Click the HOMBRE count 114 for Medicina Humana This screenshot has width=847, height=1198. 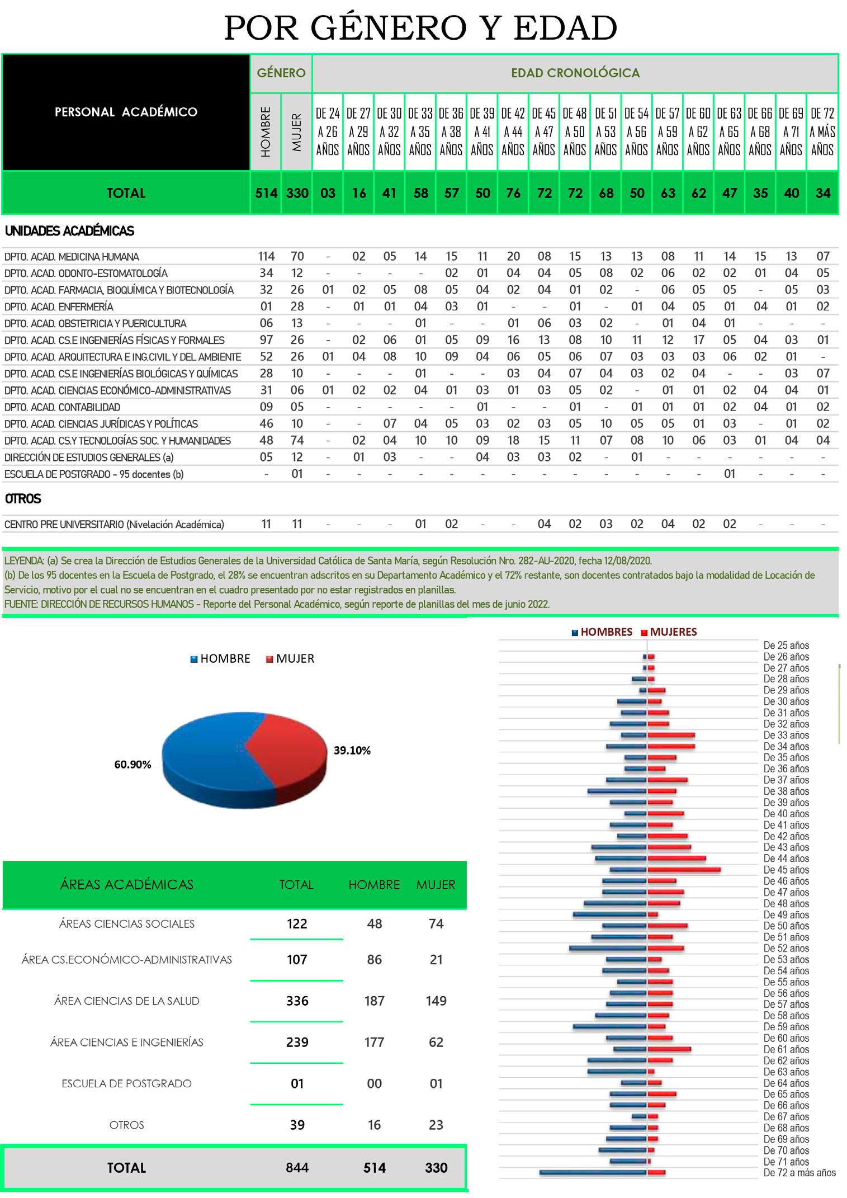266,257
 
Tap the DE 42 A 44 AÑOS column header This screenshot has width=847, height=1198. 513,132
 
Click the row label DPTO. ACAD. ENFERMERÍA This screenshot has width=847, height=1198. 59,307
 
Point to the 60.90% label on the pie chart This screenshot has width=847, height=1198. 133,765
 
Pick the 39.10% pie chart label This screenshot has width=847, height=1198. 352,751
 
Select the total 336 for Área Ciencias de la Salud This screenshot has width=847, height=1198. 297,1001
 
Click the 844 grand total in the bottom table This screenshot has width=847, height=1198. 297,1167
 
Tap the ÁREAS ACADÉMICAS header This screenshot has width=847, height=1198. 126,884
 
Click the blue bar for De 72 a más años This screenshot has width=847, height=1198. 593,1172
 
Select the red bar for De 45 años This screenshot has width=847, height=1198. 684,870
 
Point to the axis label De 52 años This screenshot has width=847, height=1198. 786,948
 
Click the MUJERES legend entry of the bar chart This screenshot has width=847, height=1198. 673,632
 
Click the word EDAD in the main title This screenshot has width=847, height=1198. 565,29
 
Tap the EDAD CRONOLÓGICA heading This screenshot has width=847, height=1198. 575,73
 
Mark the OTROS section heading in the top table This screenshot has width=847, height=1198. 23,498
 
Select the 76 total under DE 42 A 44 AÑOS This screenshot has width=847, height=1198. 513,193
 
